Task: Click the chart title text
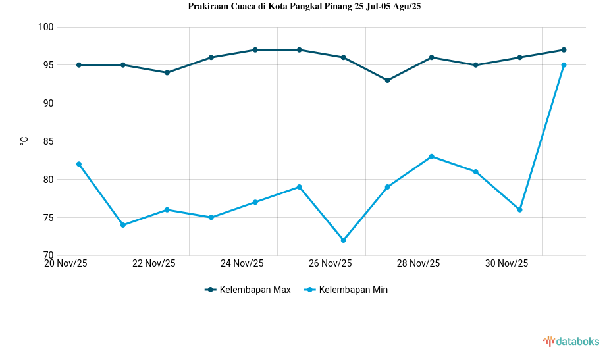[x=304, y=7]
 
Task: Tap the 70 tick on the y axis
[x=48, y=255]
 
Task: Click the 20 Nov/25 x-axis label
[x=65, y=264]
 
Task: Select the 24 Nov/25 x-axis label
[x=242, y=264]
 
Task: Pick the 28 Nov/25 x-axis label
[x=418, y=264]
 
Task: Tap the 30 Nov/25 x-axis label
[x=506, y=264]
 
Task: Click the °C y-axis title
[x=24, y=141]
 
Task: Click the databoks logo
[x=571, y=341]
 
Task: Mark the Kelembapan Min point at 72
[x=344, y=240]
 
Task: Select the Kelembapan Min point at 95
[x=564, y=65]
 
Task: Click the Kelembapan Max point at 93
[x=388, y=80]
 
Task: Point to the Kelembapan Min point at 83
[x=432, y=157]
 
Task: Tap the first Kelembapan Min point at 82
[x=79, y=164]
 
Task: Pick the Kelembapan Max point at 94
[x=167, y=72]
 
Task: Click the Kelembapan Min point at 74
[x=123, y=225]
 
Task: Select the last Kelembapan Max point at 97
[x=564, y=50]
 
